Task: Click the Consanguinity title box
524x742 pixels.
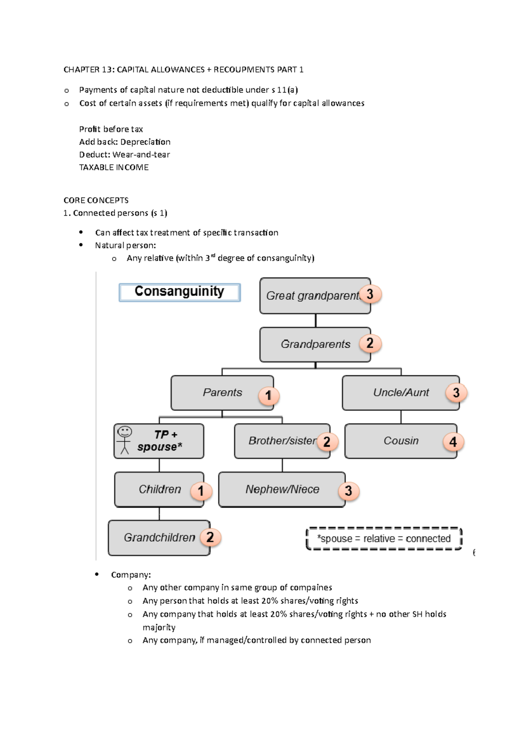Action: click(x=179, y=292)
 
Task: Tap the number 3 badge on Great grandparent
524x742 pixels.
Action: click(x=370, y=294)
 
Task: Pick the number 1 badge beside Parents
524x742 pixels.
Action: click(x=268, y=396)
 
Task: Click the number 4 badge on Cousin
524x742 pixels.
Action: click(x=453, y=442)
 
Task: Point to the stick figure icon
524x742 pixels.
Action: click(x=124, y=440)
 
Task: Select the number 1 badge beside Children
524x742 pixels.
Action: click(x=201, y=491)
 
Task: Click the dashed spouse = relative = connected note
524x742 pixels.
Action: click(x=384, y=539)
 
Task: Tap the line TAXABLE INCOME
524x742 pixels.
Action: click(x=114, y=167)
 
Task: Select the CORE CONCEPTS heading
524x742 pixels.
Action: click(x=96, y=201)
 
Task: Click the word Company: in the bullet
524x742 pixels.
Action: click(x=131, y=575)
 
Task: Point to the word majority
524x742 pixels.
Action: click(x=159, y=628)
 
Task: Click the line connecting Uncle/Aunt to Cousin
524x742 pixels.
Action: click(x=401, y=417)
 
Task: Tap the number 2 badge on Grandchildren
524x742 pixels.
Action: click(x=210, y=537)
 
